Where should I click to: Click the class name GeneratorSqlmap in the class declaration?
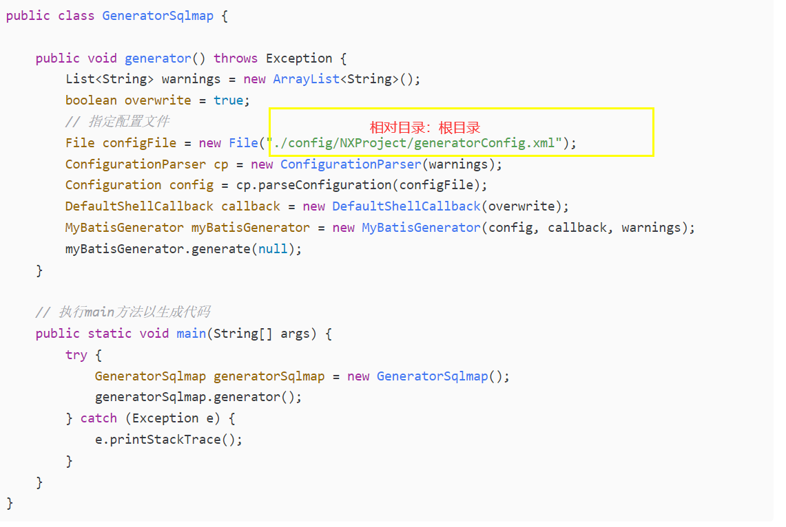pos(158,16)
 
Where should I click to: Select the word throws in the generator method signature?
pos(236,58)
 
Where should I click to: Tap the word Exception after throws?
pos(299,58)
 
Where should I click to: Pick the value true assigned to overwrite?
pos(228,100)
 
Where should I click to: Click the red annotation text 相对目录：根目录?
pos(424,127)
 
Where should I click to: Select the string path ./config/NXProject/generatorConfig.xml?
pos(415,143)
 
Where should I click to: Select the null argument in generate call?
pos(273,249)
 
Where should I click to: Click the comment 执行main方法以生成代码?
pos(133,312)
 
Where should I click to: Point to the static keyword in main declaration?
pos(110,334)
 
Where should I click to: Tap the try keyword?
pos(76,355)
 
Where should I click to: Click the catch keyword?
pos(99,418)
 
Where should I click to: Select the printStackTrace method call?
pos(169,440)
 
